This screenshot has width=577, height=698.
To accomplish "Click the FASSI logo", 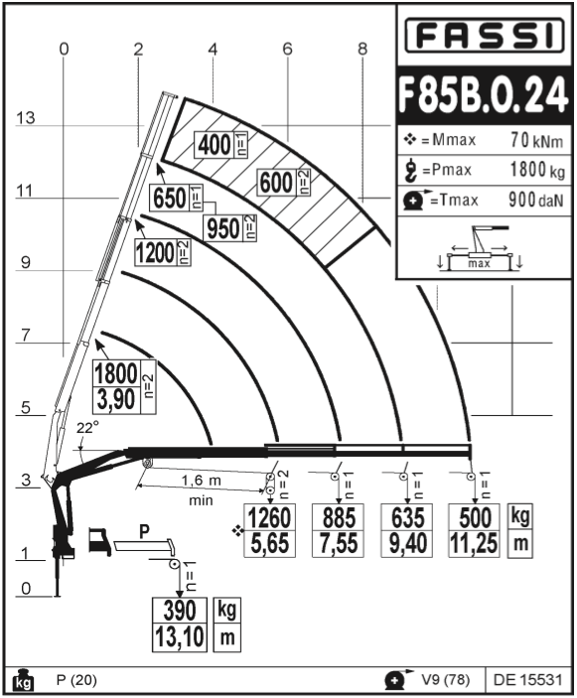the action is tap(485, 36).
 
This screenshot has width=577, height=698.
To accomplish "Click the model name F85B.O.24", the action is tap(484, 95).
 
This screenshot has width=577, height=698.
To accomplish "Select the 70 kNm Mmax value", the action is tap(536, 140).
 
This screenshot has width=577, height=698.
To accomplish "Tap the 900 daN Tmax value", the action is tap(536, 201).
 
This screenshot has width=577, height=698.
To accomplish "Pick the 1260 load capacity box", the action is tap(269, 530).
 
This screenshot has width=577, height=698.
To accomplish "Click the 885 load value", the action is tap(339, 517).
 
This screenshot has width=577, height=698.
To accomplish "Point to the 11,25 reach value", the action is tap(474, 543).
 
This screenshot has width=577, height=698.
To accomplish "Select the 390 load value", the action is tap(180, 611).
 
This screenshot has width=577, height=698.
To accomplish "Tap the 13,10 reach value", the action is tap(180, 636).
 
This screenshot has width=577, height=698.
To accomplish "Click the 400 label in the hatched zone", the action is tap(215, 145).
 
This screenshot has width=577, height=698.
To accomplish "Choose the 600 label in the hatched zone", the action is tap(276, 183).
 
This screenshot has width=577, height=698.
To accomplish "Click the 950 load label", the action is tap(223, 228).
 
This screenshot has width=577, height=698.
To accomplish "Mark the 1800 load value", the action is tap(116, 373).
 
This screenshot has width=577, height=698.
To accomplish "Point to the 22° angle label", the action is tap(87, 428).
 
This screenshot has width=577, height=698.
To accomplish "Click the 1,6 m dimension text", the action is tap(201, 481).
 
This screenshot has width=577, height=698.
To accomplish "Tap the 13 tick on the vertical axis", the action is tap(26, 118).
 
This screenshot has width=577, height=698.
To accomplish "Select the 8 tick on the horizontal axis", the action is tap(362, 49).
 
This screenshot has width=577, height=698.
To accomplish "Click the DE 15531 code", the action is tap(527, 680).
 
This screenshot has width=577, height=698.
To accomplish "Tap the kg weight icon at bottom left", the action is tap(23, 681).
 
